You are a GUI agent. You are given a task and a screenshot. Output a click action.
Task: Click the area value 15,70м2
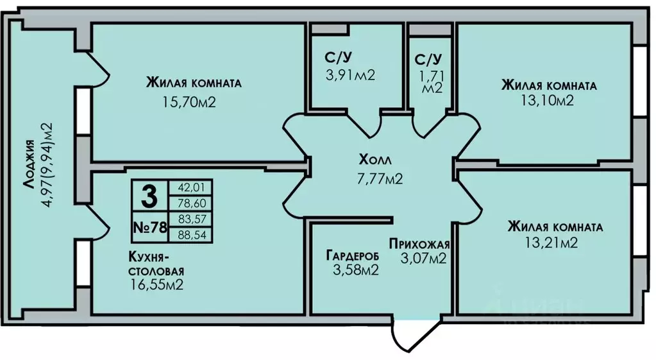189,102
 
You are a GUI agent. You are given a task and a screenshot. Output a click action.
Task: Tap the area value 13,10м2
547,101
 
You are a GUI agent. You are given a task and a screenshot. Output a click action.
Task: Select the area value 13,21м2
551,243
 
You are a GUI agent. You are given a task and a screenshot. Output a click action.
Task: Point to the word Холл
375,160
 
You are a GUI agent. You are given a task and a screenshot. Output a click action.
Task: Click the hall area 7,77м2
380,179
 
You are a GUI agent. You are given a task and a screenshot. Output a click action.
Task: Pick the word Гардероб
353,256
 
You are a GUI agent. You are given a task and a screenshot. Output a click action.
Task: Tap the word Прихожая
419,244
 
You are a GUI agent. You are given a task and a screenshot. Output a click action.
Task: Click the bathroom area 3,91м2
351,75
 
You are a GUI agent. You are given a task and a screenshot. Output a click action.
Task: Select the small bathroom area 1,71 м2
433,83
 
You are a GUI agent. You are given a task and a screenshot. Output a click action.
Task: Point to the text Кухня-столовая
156,263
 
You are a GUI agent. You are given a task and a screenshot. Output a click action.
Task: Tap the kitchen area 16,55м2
156,285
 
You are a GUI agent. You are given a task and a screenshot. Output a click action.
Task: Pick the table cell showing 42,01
190,187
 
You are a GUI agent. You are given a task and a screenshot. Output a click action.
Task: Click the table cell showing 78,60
190,203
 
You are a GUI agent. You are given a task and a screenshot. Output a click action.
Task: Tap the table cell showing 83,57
190,219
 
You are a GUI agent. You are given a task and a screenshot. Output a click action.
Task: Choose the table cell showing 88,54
190,235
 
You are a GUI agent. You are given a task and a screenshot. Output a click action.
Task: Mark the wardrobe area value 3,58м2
356,270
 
